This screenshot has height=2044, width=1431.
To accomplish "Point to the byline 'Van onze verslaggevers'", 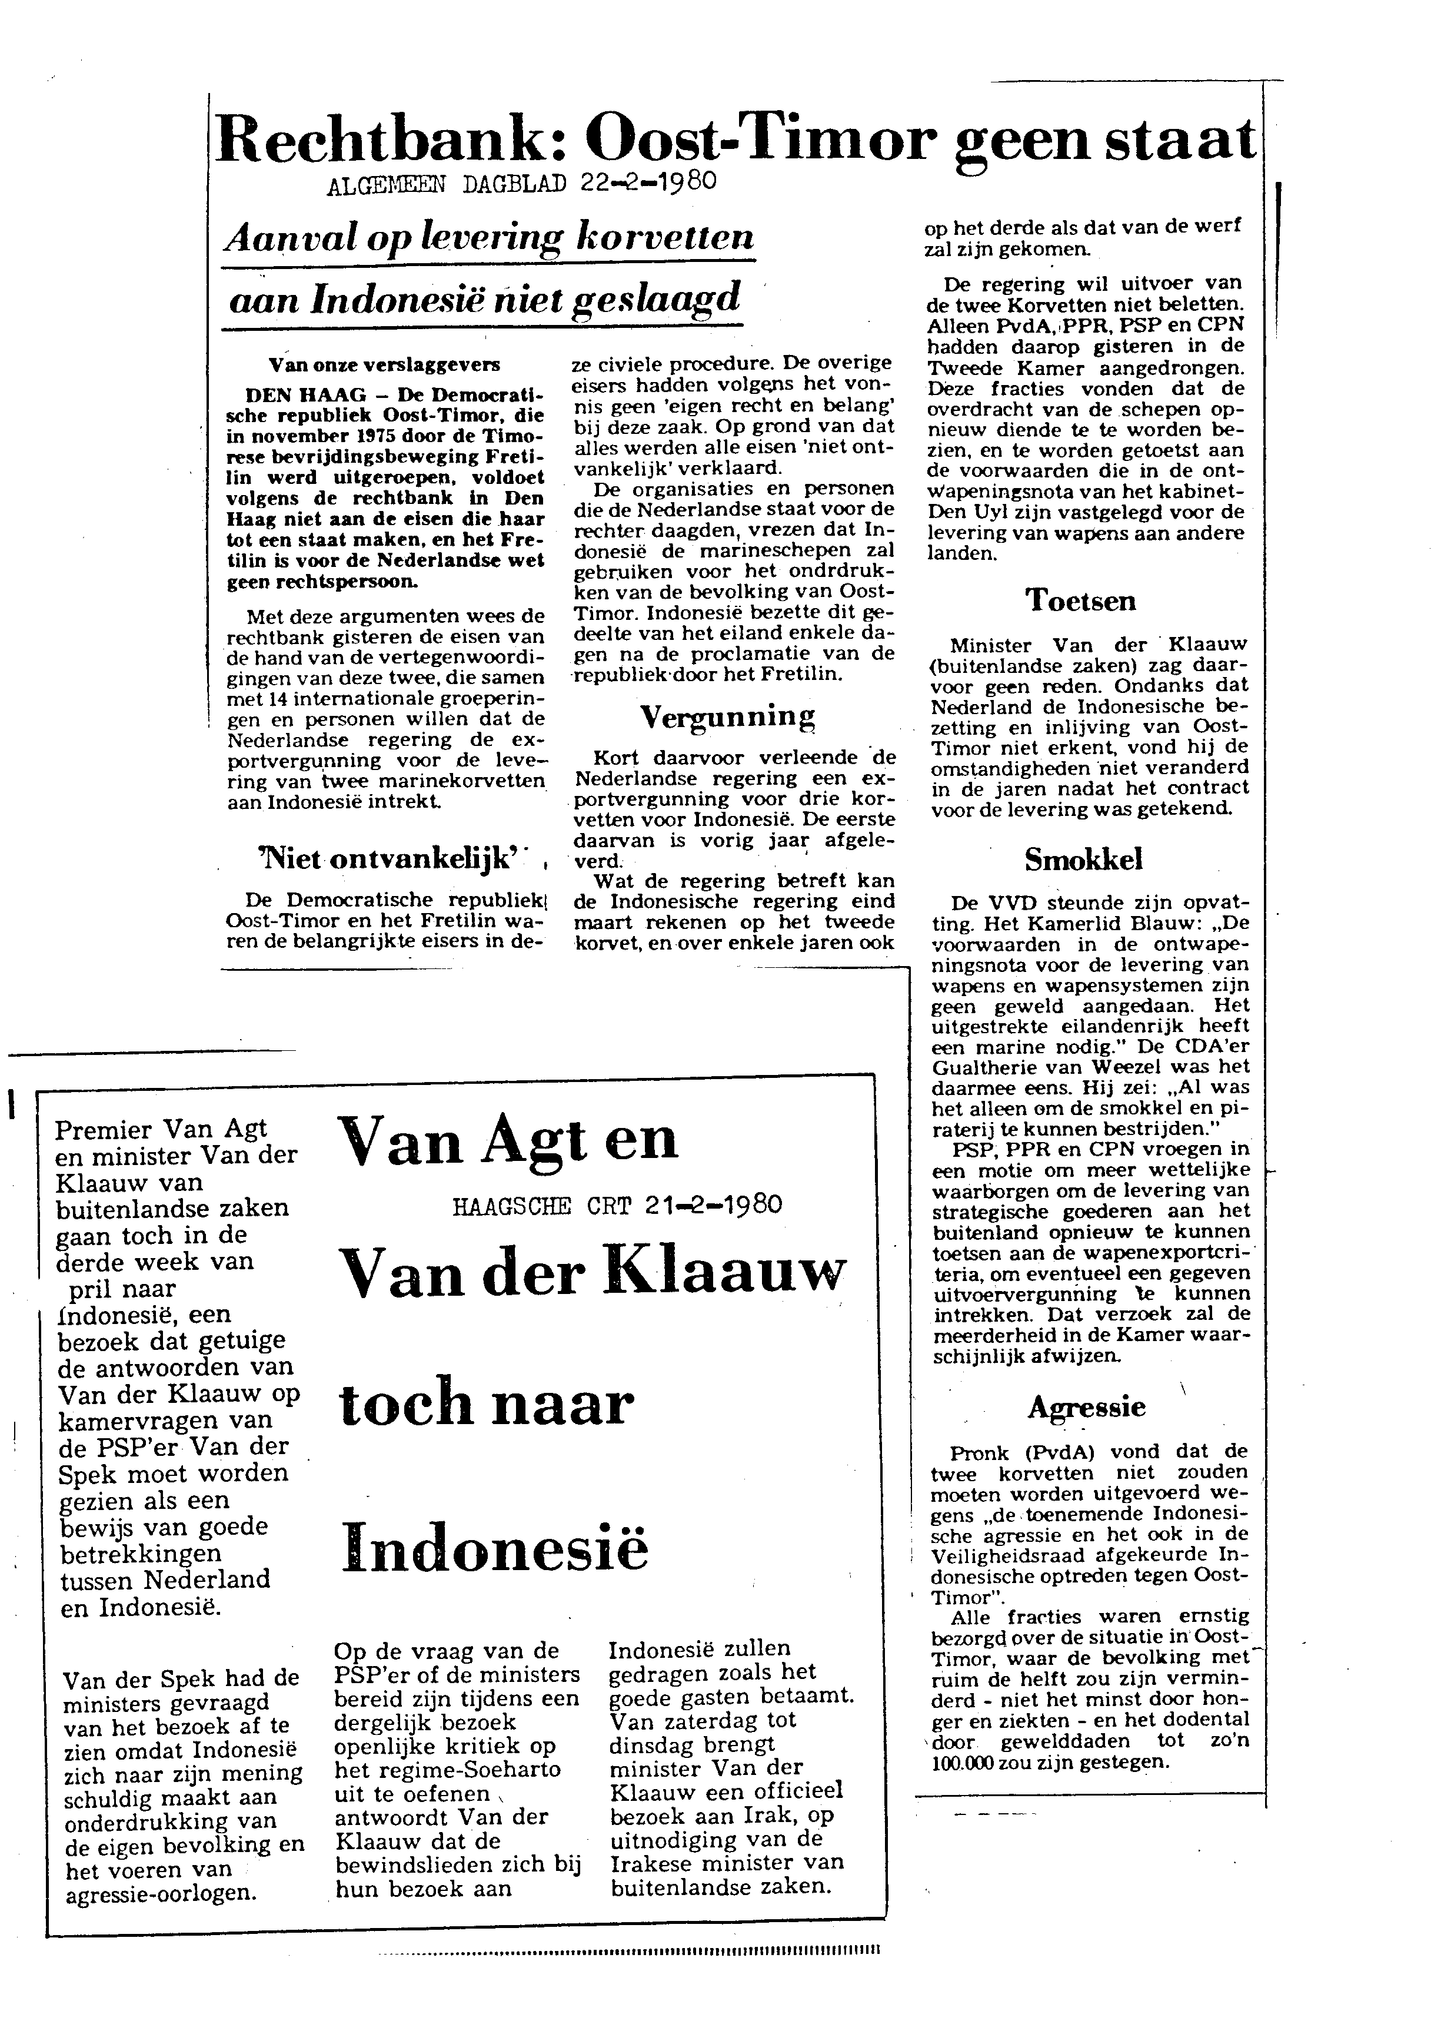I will tap(384, 365).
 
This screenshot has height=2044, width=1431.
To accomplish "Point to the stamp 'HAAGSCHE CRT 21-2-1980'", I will tap(617, 1206).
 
